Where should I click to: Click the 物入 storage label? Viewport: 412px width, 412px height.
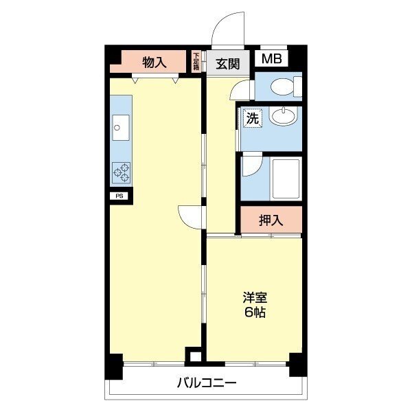pos(154,62)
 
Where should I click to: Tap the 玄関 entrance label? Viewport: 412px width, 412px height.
pos(228,64)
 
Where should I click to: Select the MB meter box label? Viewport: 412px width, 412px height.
pos(272,58)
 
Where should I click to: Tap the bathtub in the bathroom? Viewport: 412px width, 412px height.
pos(286,179)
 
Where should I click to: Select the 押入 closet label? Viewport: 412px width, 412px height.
pos(271,220)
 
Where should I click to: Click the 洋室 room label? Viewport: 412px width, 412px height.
pos(255,297)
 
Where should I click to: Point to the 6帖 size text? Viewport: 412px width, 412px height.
pos(255,312)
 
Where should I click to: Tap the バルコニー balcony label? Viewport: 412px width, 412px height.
pos(207,382)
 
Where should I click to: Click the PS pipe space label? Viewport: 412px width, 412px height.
pos(119,196)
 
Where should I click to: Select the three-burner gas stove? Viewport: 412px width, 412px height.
pos(121,172)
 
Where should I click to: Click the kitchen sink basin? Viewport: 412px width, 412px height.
pos(121,128)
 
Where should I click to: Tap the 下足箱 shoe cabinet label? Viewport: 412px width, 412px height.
pos(196,62)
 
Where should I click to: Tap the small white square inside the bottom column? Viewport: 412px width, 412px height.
pos(195,357)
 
